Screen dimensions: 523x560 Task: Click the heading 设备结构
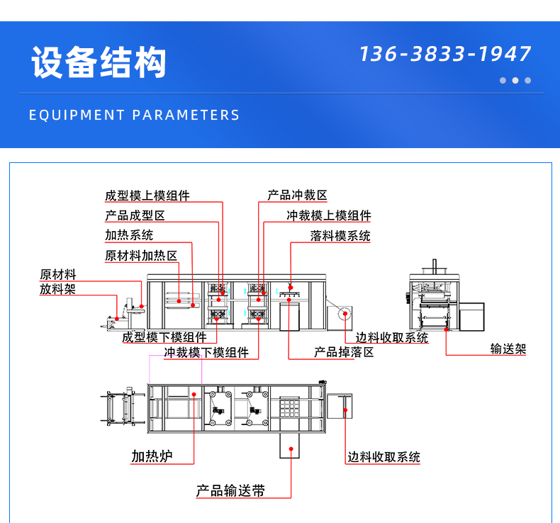click(x=99, y=63)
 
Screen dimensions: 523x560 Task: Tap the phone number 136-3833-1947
click(x=444, y=54)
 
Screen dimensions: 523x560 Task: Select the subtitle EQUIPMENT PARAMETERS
click(x=135, y=115)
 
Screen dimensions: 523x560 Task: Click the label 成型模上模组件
click(x=147, y=196)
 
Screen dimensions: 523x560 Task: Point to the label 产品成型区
click(x=135, y=215)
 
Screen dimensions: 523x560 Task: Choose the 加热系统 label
click(x=129, y=235)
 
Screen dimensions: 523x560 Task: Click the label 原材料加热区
click(x=141, y=255)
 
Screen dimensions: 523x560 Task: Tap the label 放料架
click(x=57, y=289)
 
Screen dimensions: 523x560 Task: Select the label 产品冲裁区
click(x=297, y=195)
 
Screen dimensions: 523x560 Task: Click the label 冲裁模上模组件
click(x=329, y=215)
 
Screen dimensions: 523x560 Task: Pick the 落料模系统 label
click(x=340, y=236)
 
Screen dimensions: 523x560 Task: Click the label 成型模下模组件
click(x=164, y=337)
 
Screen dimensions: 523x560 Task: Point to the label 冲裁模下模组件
click(x=206, y=352)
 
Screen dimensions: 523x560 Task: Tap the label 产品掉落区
click(x=344, y=352)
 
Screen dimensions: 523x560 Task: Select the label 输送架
click(x=508, y=349)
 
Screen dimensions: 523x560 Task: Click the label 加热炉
click(x=152, y=456)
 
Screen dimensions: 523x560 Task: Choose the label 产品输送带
click(x=230, y=490)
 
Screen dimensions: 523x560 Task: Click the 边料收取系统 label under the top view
click(x=383, y=457)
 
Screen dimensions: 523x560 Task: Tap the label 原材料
click(x=58, y=274)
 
